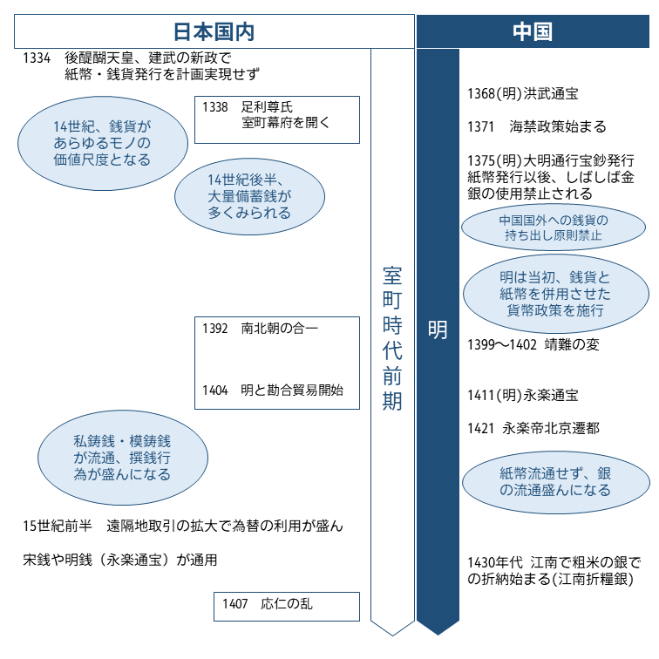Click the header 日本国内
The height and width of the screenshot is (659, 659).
point(214,32)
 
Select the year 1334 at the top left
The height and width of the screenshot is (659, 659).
point(38,58)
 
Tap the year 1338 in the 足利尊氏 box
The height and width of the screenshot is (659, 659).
point(215,107)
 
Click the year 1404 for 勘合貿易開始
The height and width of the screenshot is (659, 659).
point(215,391)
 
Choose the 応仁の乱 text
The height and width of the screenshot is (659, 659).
point(294,604)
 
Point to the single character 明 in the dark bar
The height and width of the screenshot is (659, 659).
point(438,330)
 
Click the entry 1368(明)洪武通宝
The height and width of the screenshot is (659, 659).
point(523,93)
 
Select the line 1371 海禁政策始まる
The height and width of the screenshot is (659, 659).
point(535,126)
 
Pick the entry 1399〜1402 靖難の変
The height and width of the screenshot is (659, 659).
point(533,344)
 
